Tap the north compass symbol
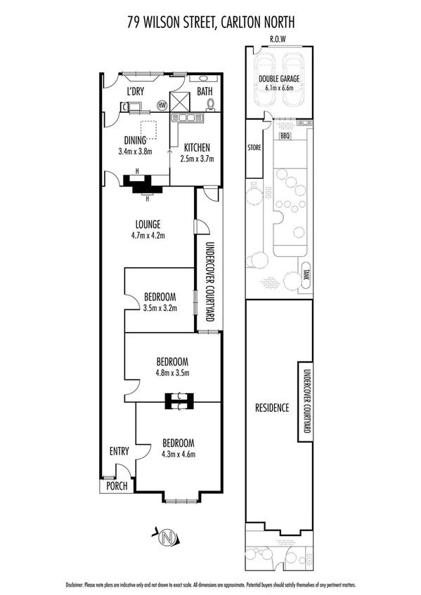[x=167, y=538]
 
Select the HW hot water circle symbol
[x=162, y=106]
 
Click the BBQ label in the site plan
[x=285, y=136]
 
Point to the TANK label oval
[x=306, y=274]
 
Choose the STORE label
[x=254, y=148]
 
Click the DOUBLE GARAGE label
[x=278, y=79]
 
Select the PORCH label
[x=114, y=486]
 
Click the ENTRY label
[x=118, y=451]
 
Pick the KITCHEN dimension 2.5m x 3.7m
[x=197, y=159]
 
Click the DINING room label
[x=135, y=139]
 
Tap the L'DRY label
[x=135, y=92]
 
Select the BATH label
[x=204, y=92]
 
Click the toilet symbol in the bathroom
[x=212, y=105]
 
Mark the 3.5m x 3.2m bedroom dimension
[x=160, y=307]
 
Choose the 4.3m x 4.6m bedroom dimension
[x=178, y=454]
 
